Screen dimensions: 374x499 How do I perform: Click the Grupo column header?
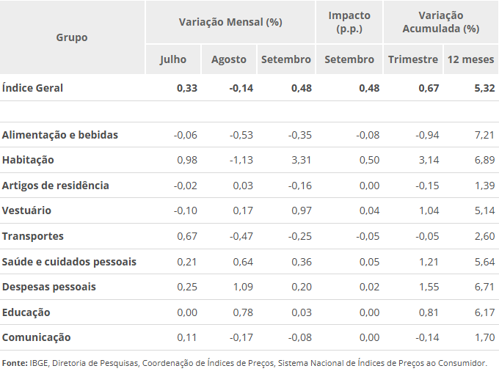[71, 37]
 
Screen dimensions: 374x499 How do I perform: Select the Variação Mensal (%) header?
[230, 22]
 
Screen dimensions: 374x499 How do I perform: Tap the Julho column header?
[173, 59]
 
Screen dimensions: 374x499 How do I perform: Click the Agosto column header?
[229, 59]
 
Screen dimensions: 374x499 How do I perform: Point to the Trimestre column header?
[413, 59]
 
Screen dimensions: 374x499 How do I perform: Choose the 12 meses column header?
[470, 59]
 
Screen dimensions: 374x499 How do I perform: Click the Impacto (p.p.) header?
[349, 22]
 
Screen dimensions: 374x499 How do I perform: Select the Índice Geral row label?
[33, 88]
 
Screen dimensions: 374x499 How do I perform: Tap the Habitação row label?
[28, 160]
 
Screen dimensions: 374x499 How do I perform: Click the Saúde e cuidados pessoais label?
[69, 262]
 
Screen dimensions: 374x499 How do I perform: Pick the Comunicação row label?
[37, 337]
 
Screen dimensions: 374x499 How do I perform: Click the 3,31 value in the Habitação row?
[300, 160]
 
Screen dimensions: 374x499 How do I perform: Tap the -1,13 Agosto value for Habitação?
[241, 160]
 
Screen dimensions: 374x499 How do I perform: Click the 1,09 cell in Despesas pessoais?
[244, 287]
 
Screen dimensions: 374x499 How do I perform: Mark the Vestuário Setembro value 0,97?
[300, 210]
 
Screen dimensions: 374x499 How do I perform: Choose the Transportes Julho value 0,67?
[187, 236]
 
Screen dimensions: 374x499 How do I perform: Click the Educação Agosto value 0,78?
[244, 312]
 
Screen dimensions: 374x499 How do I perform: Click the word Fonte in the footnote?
[14, 363]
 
